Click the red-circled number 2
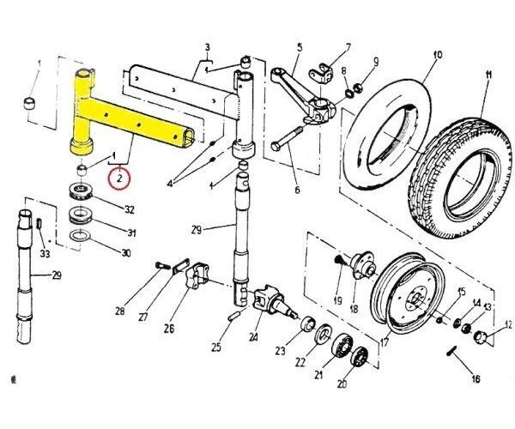point(119,178)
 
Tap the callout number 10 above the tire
point(437,56)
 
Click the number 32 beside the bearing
point(130,209)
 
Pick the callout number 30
point(126,253)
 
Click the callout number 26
point(169,327)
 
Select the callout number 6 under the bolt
point(298,190)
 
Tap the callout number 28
point(120,311)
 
